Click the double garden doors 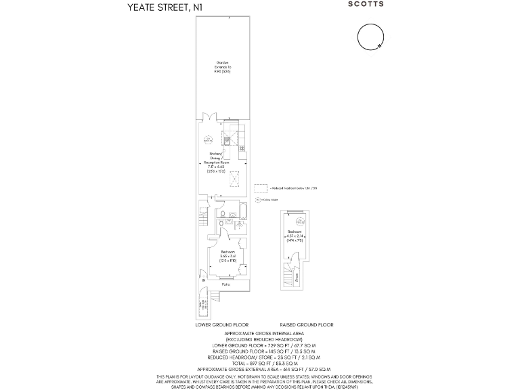point(210,118)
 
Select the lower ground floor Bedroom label point(228,255)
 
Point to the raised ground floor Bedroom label point(292,236)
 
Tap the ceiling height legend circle point(258,200)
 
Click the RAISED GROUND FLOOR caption point(302,325)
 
